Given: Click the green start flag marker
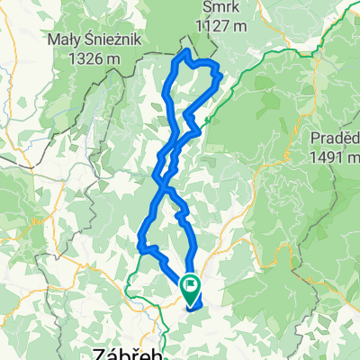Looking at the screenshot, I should [x=192, y=289].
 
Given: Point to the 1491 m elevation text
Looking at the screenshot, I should [x=334, y=157].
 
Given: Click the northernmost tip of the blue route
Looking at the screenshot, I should [x=186, y=52].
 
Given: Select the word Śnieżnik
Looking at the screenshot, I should [x=105, y=40].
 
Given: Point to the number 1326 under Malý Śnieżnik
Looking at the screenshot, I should [x=78, y=58].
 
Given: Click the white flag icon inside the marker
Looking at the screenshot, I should [x=192, y=287].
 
